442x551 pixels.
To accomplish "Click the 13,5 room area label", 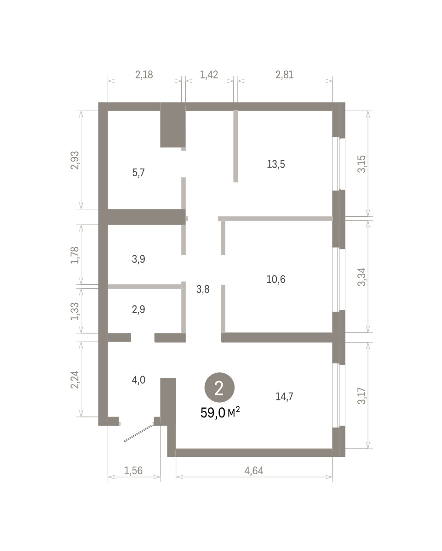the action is coord(276,164).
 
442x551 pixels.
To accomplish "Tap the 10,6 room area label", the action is coord(276,279).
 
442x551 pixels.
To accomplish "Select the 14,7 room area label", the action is coord(284,396).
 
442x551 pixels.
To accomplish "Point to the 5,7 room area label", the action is coord(138,173).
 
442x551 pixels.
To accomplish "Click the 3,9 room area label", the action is coord(138,259).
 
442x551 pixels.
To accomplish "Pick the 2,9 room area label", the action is coord(138,309).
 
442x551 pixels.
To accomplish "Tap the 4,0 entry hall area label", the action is coord(138,380).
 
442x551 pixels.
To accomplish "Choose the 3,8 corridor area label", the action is coord(203,289).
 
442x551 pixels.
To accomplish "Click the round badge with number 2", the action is coord(219,388).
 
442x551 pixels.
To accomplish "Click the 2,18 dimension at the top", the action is coord(144,75).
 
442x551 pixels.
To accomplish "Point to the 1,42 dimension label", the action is coord(209,75).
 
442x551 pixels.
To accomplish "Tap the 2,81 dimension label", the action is coord(285,75).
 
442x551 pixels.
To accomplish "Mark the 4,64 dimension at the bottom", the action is coord(254,471).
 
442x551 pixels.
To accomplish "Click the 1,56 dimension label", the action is coord(133,471).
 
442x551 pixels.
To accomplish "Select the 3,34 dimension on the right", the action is coord(362,277).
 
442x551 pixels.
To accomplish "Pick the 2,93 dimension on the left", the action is coord(75,161).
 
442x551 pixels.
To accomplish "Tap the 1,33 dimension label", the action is coord(75,311).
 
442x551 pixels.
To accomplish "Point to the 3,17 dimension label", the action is coord(362,396).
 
